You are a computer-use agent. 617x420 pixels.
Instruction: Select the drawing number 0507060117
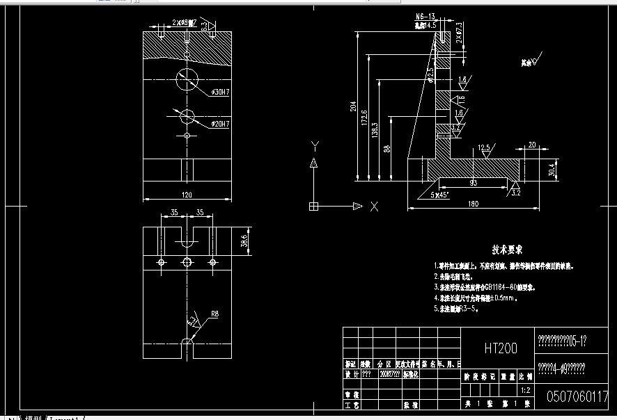577,396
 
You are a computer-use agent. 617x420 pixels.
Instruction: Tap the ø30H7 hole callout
220,92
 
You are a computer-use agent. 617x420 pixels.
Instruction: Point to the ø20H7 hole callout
220,123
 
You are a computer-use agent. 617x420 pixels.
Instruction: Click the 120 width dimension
187,195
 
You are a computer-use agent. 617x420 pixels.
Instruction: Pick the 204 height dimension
353,106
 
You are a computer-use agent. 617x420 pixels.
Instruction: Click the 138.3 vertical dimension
375,129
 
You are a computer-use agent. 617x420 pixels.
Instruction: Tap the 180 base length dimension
474,203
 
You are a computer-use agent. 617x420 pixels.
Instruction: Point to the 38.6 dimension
244,241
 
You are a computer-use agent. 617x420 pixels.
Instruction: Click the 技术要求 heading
508,249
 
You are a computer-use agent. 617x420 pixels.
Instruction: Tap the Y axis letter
315,145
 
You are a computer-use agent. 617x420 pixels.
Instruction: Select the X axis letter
374,206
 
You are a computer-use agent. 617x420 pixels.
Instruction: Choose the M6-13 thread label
425,16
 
